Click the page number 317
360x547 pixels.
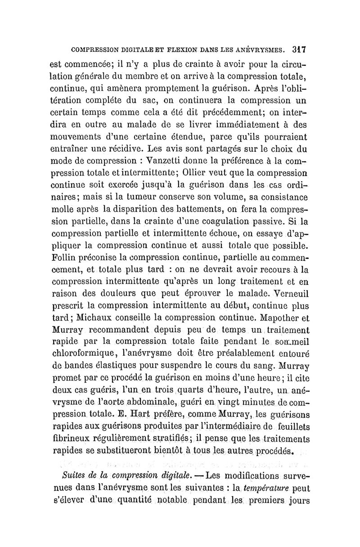click(x=298, y=49)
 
